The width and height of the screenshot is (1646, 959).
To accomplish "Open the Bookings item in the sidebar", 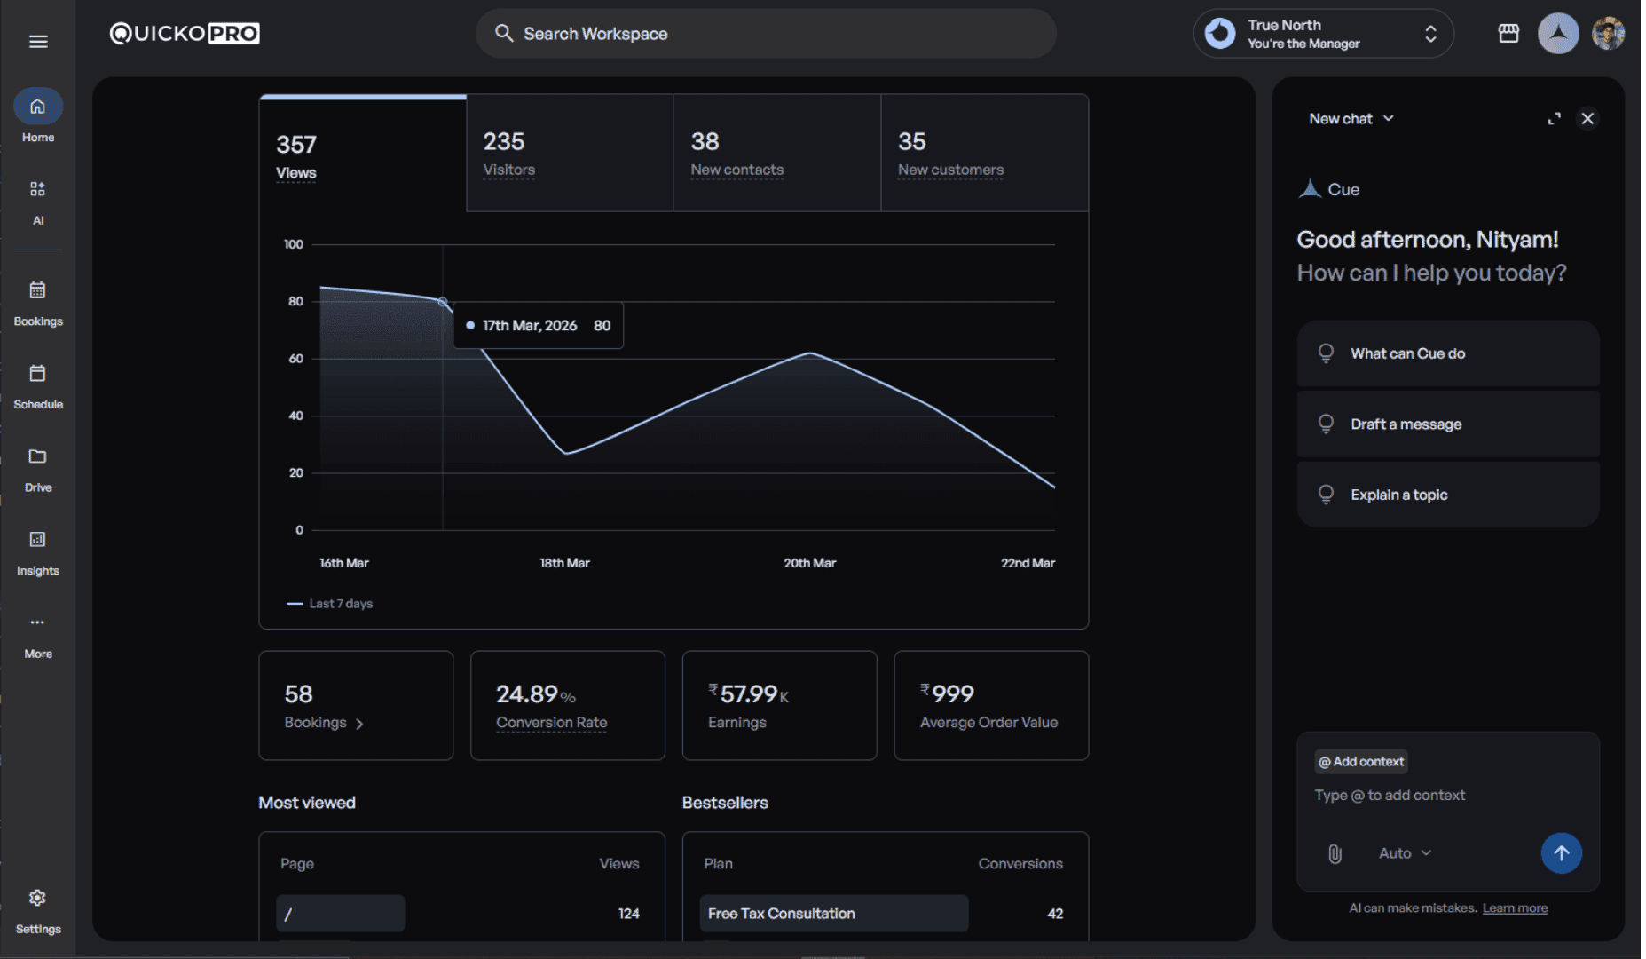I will point(37,302).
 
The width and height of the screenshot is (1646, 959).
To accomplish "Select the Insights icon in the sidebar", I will point(37,540).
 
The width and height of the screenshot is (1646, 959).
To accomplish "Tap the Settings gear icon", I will point(37,899).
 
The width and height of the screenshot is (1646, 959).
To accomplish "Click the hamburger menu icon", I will point(38,42).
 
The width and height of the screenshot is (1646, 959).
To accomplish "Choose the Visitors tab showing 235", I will point(569,154).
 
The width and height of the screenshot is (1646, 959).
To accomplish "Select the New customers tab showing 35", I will point(984,154).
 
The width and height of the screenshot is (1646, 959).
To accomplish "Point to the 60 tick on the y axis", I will point(295,359).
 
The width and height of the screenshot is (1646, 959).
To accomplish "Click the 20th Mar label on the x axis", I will point(809,563).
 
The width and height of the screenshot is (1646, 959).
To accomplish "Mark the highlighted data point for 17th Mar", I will point(443,302).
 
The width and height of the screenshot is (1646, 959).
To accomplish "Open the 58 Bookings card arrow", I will point(359,724).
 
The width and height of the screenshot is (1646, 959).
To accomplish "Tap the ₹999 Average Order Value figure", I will point(948,693).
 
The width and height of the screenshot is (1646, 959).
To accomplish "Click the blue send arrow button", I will point(1561,853).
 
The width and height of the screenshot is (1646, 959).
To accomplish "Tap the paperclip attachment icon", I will point(1335,854).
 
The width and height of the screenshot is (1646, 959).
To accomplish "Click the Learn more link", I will point(1515,908).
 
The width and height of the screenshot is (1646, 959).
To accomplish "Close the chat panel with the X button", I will point(1587,119).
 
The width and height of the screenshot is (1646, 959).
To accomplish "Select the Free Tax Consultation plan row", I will point(833,914).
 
